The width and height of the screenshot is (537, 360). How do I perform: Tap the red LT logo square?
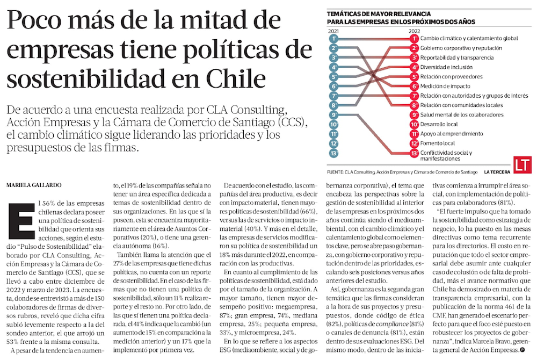coord(521,165)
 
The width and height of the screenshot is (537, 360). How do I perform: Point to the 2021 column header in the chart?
coord(333,32)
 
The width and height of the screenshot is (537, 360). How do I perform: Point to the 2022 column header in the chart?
coord(414,32)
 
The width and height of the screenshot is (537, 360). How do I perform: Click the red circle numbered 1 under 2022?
coord(414,39)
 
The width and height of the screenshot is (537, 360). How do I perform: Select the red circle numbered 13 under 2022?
coord(414,153)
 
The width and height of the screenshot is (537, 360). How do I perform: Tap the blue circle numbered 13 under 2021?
coord(334,153)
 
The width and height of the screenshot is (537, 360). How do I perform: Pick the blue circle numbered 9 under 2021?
coord(334,114)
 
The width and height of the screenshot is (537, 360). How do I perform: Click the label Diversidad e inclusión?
coord(446,67)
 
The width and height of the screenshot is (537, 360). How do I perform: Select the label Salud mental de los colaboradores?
coord(462,114)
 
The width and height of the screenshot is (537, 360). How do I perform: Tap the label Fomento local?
coord(438,143)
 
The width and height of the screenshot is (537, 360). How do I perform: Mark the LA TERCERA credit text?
coord(497,172)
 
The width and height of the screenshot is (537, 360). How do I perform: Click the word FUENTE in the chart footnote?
coord(335,172)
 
